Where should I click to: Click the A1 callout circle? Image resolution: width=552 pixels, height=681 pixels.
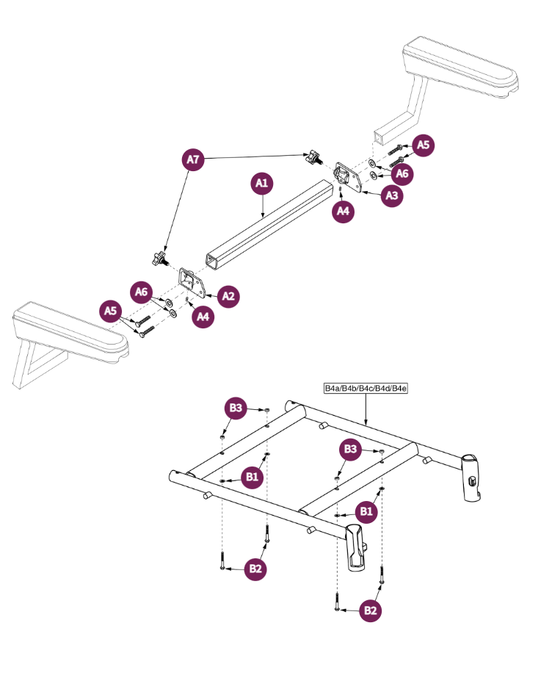point(262,183)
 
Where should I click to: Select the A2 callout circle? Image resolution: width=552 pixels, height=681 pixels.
point(228,296)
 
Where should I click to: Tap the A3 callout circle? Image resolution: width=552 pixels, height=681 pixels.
point(393,196)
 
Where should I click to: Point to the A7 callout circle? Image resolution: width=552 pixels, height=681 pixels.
point(192,159)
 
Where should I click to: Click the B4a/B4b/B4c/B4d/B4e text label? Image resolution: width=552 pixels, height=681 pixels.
point(366,388)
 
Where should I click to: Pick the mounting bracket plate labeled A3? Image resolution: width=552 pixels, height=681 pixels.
point(346,177)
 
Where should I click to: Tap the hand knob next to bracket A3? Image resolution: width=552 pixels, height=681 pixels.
point(313,156)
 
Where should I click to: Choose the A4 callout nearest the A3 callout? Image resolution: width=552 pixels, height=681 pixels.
point(343,212)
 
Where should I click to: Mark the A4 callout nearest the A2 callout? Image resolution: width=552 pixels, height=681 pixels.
point(203,317)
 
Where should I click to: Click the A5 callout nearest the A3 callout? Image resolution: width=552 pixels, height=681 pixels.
point(424,145)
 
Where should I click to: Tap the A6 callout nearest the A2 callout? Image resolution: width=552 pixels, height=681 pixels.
point(142,292)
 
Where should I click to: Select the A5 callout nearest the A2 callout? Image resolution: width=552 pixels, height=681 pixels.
point(111,311)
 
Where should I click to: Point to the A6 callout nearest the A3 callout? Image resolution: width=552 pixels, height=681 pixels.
point(402,174)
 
